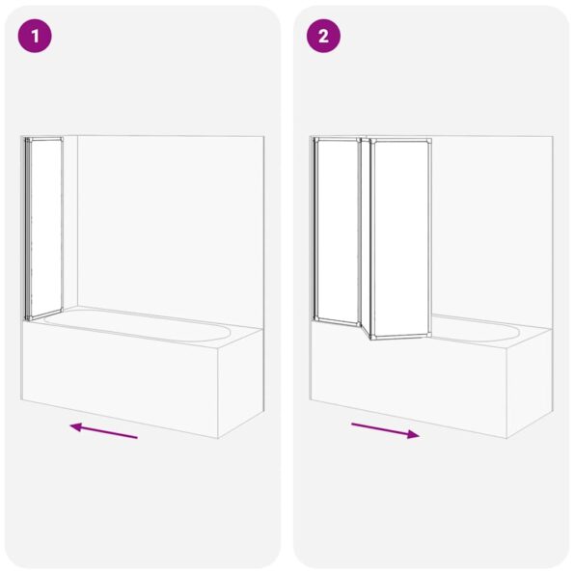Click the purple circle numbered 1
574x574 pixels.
coord(35,37)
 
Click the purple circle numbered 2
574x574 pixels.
coord(324,37)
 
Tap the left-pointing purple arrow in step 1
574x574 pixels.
coord(103,430)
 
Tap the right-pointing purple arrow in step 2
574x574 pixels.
coord(385,430)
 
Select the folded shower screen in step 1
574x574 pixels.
coord(44,228)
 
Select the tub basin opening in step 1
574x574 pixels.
coord(145,326)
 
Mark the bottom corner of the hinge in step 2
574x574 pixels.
coord(366,341)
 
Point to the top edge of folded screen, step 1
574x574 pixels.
coord(44,139)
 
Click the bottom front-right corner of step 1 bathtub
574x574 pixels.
coord(218,438)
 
